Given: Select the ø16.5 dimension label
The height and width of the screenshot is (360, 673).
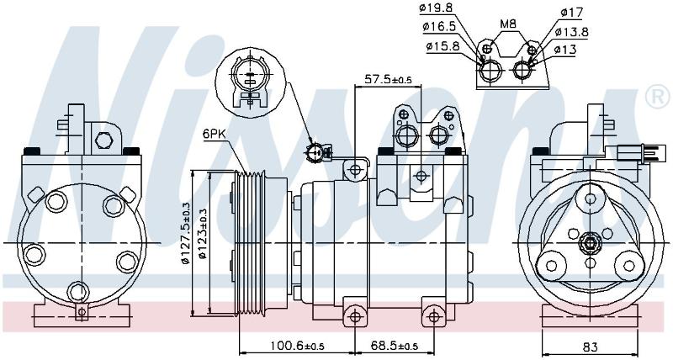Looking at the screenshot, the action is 438,27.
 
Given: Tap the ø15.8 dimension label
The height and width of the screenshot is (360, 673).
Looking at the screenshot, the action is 442,46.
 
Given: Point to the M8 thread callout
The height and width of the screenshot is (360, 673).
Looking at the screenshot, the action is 508,24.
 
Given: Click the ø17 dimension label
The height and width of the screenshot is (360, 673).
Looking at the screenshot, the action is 571,13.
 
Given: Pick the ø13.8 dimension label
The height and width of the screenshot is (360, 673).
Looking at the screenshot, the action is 571,32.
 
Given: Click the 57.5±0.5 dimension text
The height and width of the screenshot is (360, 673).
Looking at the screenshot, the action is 388,79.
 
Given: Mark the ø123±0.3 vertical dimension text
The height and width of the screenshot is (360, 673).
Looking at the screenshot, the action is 203,234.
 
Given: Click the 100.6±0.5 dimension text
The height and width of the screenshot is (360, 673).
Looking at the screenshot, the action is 297,346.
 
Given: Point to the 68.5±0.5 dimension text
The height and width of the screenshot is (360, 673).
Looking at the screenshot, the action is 395,346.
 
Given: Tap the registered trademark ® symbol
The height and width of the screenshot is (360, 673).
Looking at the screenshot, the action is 658,98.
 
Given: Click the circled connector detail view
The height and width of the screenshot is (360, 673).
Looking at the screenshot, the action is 250,82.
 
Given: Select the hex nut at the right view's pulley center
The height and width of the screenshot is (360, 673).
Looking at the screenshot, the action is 591,243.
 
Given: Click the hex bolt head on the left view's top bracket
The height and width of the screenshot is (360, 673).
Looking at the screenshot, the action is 103,140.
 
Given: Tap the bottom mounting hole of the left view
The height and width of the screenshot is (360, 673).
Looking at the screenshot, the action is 77,292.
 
